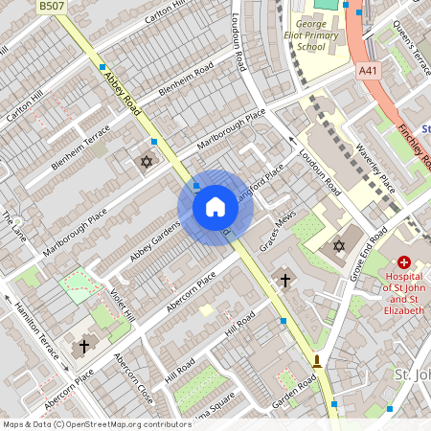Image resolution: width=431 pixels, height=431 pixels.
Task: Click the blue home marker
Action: click(x=215, y=207)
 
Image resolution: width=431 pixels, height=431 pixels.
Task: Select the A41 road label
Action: click(x=369, y=70)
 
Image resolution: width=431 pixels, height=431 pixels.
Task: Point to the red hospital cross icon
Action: click(x=404, y=261)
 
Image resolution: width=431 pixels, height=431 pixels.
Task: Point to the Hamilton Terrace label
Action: click(x=36, y=329)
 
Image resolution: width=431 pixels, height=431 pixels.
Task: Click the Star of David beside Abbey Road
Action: click(x=147, y=161)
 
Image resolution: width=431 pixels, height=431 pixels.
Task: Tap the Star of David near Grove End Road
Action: click(x=338, y=247)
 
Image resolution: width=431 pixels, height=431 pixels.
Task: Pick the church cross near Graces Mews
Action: click(x=284, y=281)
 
